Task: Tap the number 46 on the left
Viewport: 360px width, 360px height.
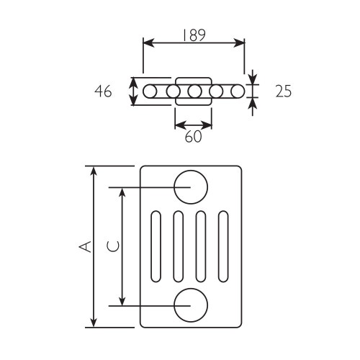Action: (104, 92)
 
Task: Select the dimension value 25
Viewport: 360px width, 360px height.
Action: (284, 92)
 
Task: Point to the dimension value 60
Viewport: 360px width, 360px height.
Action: (193, 137)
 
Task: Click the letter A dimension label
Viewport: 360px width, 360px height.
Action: (86, 246)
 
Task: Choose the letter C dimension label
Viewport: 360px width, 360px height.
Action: (113, 246)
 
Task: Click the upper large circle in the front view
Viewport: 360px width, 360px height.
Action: (190, 187)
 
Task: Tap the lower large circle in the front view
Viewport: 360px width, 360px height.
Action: (190, 305)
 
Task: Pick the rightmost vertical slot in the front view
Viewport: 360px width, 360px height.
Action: (223, 246)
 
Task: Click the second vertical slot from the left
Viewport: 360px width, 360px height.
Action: (178, 246)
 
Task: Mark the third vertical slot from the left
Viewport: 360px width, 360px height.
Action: (201, 246)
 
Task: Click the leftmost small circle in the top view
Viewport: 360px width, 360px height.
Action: (150, 91)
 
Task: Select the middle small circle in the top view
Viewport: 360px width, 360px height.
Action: (194, 91)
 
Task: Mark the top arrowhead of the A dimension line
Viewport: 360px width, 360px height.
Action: (93, 170)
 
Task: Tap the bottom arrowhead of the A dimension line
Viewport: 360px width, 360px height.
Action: (93, 323)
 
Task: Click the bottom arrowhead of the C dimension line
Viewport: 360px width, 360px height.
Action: (122, 302)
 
